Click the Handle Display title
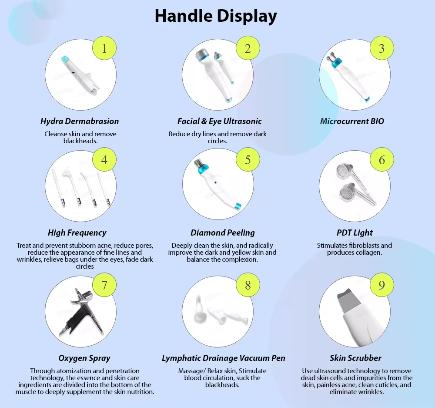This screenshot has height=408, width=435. pyautogui.click(x=216, y=16)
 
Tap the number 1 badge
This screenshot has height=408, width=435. pyautogui.click(x=104, y=48)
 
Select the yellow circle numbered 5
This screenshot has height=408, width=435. pyautogui.click(x=248, y=159)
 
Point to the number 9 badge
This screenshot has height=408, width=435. pyautogui.click(x=382, y=285)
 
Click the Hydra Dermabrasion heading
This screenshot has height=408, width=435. pyautogui.click(x=80, y=121)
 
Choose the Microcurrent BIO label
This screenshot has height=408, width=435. pyautogui.click(x=352, y=121)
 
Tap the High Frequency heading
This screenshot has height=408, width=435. pyautogui.click(x=77, y=233)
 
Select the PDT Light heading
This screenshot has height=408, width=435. pyautogui.click(x=355, y=233)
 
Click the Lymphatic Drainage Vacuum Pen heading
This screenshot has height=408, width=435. pyautogui.click(x=224, y=358)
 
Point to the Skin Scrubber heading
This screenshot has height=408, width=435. pyautogui.click(x=355, y=358)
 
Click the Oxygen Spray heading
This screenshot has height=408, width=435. pyautogui.click(x=84, y=358)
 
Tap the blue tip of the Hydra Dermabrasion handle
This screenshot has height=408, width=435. pyautogui.click(x=65, y=59)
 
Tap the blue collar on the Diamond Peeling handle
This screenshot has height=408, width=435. pyautogui.click(x=203, y=169)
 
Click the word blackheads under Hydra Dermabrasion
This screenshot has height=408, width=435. pyautogui.click(x=80, y=141)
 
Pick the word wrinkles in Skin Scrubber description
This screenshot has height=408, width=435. pyautogui.click(x=370, y=392)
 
